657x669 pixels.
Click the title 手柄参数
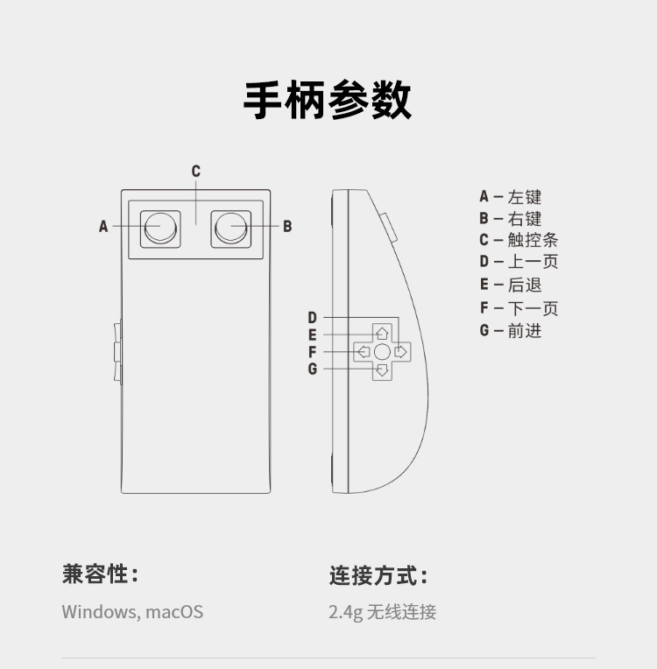(328, 100)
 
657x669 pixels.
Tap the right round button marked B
(230, 228)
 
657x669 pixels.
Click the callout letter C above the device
(196, 172)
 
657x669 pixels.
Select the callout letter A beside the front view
(103, 227)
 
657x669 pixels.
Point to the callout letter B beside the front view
(286, 227)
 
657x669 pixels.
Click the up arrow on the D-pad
(382, 333)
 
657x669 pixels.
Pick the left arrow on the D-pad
(363, 352)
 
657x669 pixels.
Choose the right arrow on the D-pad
(401, 352)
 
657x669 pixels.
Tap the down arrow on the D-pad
(382, 370)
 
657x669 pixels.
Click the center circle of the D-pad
(382, 352)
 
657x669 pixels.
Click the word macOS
(174, 611)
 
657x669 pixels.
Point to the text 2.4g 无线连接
(382, 612)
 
